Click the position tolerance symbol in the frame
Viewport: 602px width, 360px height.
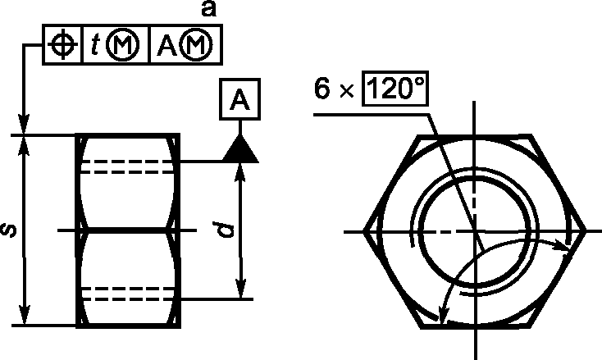point(62,44)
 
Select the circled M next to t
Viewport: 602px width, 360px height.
point(122,45)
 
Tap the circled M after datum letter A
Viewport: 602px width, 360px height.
point(196,45)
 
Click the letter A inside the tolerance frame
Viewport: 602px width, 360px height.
point(166,46)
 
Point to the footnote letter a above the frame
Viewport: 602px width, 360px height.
point(209,9)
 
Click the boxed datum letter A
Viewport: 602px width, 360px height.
point(240,99)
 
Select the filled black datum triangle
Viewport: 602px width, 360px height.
point(240,150)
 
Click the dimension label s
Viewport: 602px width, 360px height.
point(10,230)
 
